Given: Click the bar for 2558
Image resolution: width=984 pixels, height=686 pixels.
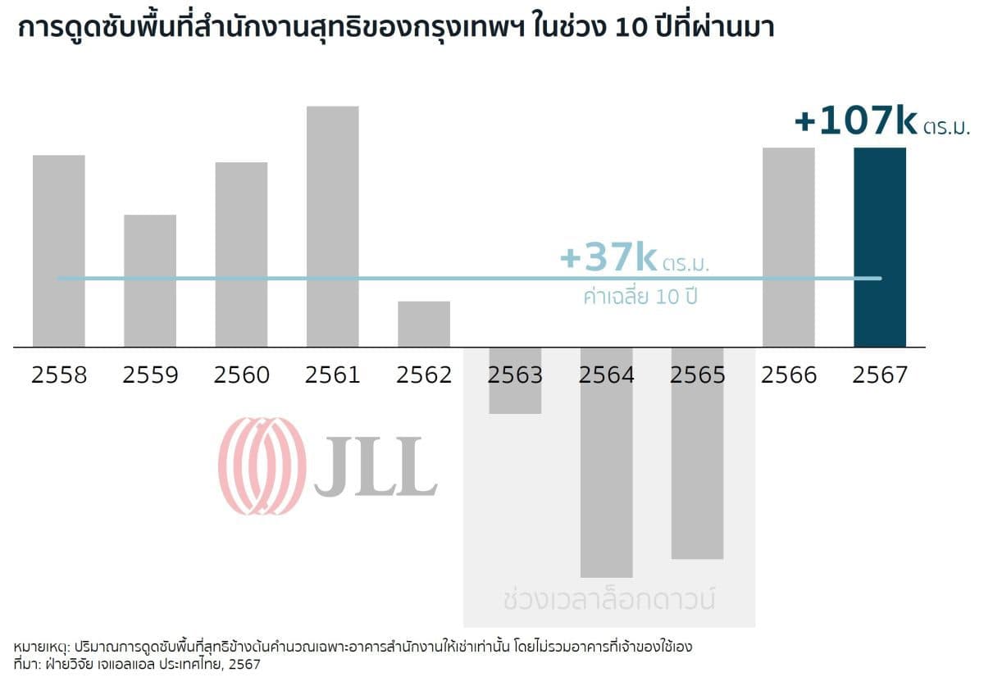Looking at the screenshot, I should click(x=59, y=250).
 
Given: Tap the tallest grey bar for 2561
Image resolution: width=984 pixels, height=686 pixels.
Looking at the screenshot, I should click(x=332, y=225).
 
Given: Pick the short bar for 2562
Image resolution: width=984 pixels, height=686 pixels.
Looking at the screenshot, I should click(x=424, y=324).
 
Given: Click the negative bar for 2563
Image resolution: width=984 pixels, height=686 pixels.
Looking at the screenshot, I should click(x=515, y=381).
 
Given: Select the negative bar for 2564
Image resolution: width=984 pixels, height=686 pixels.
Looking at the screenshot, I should click(x=606, y=463).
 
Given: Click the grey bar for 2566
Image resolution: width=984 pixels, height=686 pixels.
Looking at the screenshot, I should click(x=789, y=247).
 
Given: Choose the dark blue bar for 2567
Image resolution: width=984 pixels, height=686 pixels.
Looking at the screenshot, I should click(x=880, y=247).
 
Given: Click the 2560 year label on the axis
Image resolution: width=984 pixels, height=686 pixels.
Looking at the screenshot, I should click(x=241, y=375).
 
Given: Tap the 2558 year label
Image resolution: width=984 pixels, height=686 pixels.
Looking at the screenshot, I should click(x=59, y=375).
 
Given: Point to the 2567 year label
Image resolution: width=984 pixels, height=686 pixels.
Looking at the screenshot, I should click(x=880, y=375).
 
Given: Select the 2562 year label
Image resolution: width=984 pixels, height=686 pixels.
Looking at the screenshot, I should click(x=424, y=375).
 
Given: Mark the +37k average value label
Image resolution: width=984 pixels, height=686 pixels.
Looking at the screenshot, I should click(x=608, y=258).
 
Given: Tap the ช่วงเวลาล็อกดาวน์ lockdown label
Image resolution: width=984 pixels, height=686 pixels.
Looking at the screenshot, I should click(x=608, y=599).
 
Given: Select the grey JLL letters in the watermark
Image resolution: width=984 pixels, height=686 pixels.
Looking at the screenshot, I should click(x=375, y=467).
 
